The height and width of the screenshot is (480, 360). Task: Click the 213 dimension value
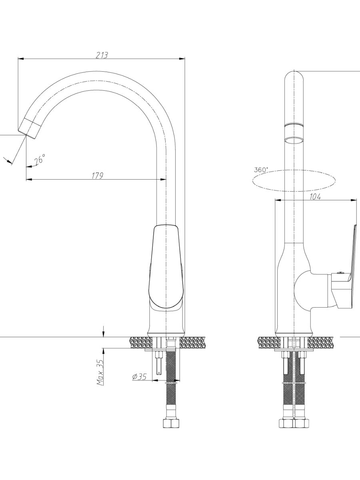pos(102,55)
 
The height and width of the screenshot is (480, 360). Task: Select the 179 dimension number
pos(97,176)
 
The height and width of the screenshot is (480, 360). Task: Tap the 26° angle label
pos(40,160)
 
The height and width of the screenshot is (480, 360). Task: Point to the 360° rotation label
pos(261,170)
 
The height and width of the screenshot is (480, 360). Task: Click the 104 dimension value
pos(315,197)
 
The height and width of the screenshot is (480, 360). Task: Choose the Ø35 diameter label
pos(139,376)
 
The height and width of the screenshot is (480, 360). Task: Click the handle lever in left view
pos(166,266)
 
